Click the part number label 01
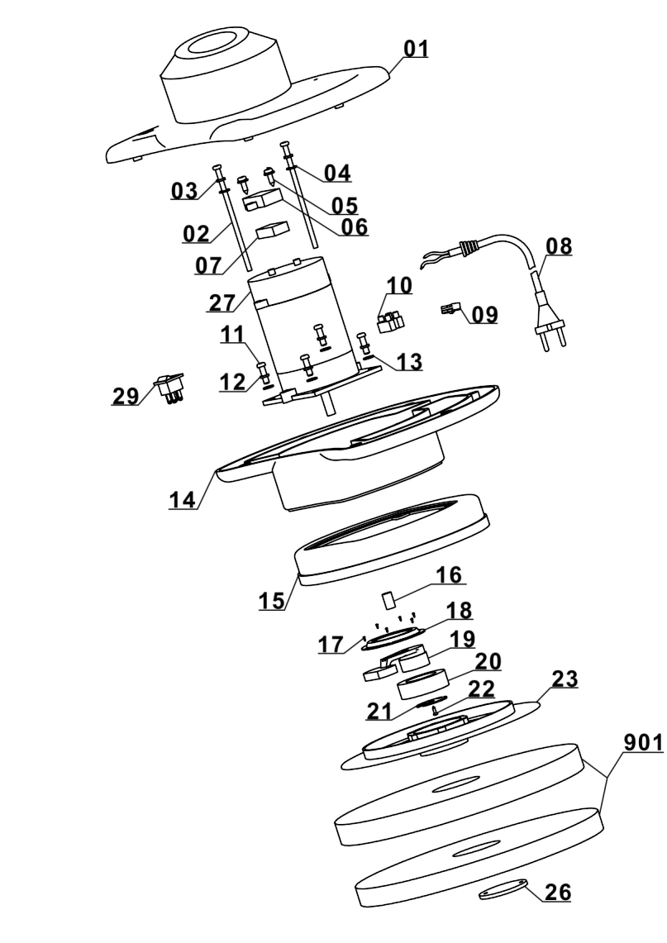(416, 49)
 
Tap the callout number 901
(643, 743)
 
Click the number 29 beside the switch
(125, 396)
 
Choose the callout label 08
(559, 246)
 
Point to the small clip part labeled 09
(450, 309)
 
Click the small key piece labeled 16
(388, 600)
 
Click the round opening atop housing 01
(215, 43)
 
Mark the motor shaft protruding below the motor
(330, 403)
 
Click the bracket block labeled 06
(263, 199)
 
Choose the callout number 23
(565, 679)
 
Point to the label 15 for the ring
(271, 600)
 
